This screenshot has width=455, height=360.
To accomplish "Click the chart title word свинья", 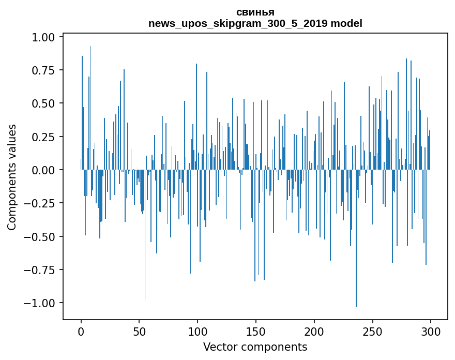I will (255, 12).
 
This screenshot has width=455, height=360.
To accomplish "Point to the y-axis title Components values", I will (11, 177).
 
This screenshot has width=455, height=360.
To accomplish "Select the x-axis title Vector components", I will (255, 347).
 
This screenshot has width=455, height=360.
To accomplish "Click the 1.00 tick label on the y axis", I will (43, 37).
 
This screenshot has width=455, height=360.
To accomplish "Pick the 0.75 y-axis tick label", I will (43, 70).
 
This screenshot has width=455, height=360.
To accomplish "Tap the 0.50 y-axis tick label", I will (43, 103).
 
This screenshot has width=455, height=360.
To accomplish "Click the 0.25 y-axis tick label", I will (43, 137).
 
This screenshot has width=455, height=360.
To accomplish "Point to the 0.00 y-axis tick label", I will (43, 170).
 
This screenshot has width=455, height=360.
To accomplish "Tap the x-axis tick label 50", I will (139, 332).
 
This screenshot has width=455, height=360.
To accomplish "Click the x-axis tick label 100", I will (197, 332).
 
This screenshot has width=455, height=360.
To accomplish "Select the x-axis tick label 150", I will (255, 332).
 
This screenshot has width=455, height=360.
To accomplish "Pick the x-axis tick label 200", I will (314, 332).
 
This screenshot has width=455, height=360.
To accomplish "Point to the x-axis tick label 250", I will (372, 332).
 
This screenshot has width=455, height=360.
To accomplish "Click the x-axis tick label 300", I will (430, 332).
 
